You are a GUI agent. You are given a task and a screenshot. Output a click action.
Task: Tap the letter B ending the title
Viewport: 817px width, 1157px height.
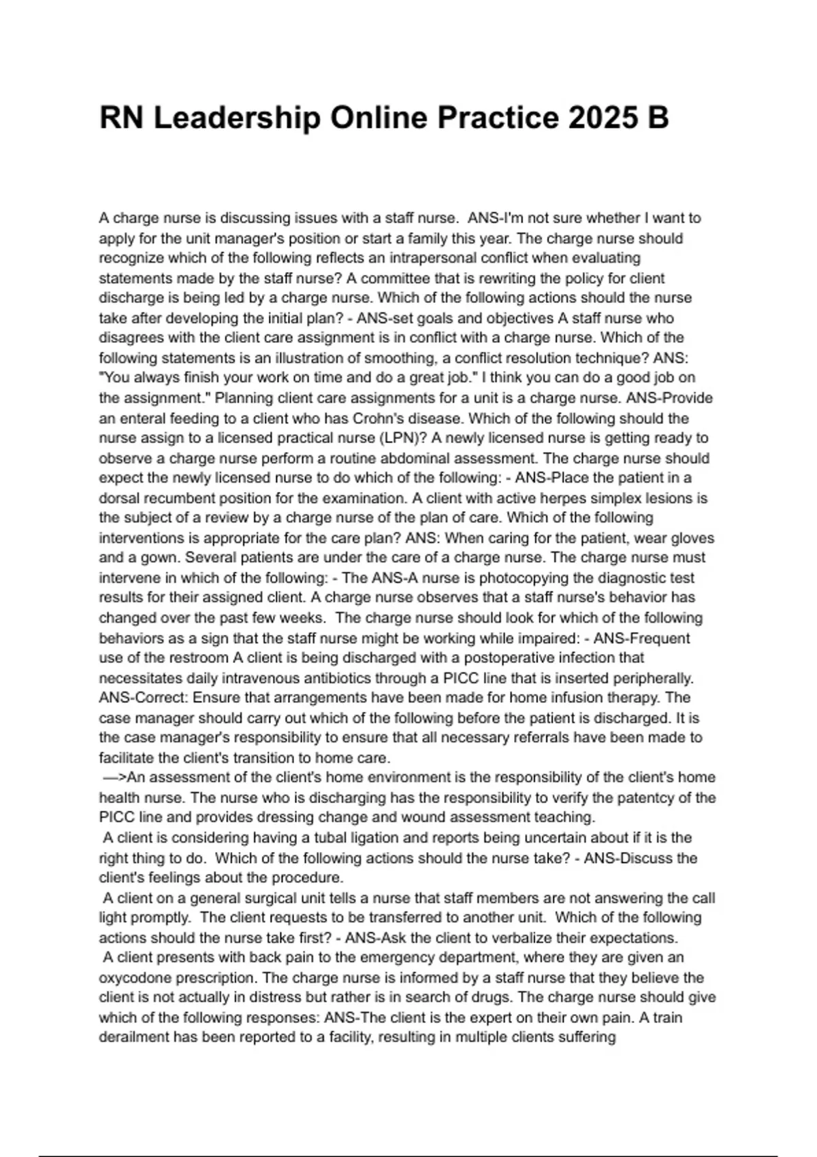658,118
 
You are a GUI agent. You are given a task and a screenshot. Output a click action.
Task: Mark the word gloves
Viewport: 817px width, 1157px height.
692,538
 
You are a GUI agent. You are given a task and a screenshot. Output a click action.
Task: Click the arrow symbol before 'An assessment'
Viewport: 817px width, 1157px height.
114,777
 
